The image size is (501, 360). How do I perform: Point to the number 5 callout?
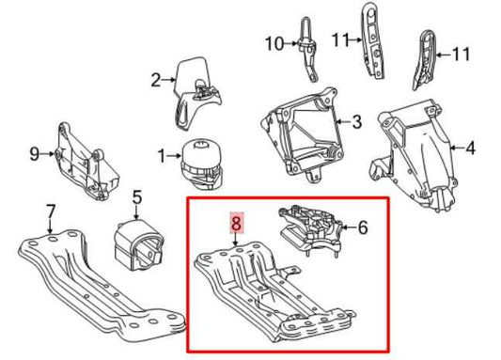point(136,197)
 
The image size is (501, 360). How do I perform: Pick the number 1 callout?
point(162,154)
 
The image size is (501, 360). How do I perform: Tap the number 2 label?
point(157,81)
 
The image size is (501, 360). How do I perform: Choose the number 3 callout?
point(356,121)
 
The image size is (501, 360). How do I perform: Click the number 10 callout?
point(273,43)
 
